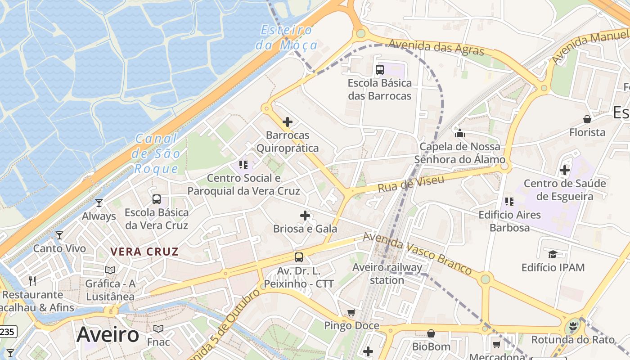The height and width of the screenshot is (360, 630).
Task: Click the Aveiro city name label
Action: [108, 334]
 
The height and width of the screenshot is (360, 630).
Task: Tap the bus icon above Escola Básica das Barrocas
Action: [380, 69]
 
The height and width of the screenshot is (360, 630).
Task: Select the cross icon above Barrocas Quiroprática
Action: [288, 122]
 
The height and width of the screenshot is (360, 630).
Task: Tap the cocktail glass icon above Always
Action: [99, 203]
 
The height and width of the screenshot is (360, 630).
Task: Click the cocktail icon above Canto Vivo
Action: [59, 235]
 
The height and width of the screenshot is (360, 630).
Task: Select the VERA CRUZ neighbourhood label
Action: [144, 252]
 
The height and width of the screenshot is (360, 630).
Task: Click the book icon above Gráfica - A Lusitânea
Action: [110, 270]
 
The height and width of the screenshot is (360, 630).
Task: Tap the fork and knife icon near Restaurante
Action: [32, 281]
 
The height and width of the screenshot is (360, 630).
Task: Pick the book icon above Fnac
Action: [158, 328]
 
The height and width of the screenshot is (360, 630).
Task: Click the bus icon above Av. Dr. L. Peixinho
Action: [299, 257]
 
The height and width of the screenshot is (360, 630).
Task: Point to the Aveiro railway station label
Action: [387, 274]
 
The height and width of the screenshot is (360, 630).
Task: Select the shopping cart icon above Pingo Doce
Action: [351, 312]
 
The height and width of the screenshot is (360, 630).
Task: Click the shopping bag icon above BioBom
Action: [431, 333]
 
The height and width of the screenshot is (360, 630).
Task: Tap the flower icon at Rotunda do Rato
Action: [573, 326]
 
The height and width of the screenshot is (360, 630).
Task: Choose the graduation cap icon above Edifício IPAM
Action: [553, 254]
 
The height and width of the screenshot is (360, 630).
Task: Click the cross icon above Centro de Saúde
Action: [565, 170]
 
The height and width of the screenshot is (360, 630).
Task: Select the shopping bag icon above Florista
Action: [587, 119]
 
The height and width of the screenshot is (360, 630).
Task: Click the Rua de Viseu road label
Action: [411, 184]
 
